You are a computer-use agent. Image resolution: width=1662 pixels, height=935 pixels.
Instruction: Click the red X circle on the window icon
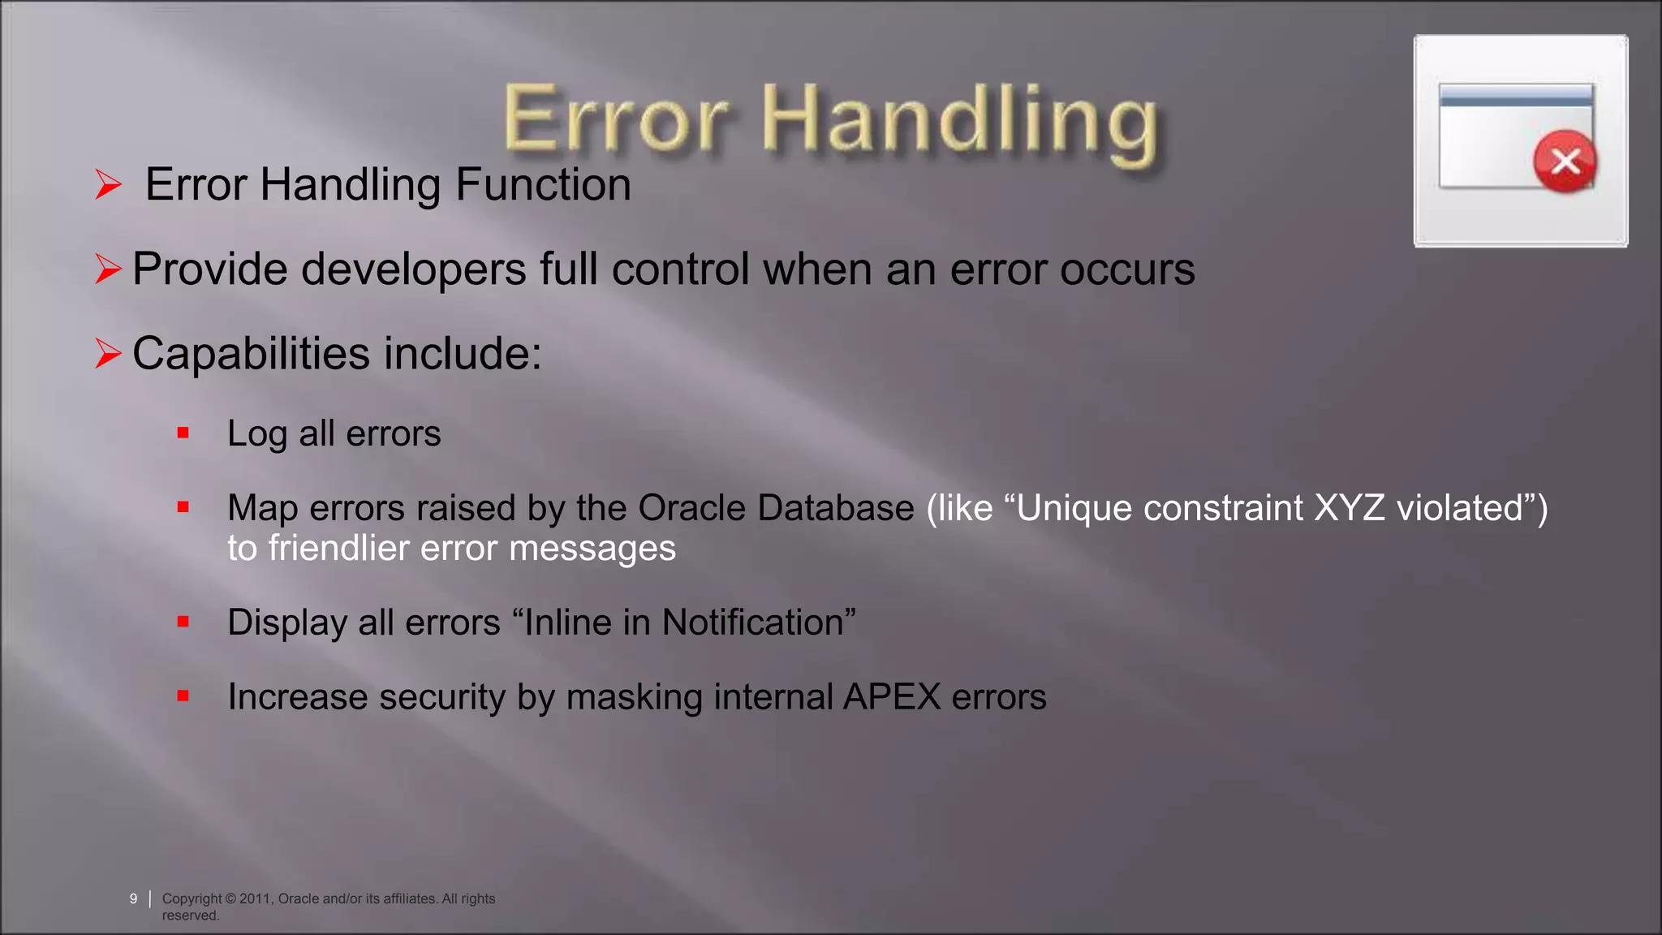pyautogui.click(x=1565, y=161)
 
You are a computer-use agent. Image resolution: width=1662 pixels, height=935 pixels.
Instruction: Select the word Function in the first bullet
pyautogui.click(x=543, y=184)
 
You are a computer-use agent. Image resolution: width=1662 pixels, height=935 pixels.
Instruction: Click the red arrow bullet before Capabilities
pyautogui.click(x=108, y=354)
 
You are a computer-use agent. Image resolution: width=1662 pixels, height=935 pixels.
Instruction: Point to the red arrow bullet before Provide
pyautogui.click(x=108, y=269)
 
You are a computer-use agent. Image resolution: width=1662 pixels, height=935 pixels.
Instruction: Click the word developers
pyautogui.click(x=414, y=269)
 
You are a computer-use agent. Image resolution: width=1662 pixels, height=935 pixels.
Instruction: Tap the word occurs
pyautogui.click(x=1127, y=269)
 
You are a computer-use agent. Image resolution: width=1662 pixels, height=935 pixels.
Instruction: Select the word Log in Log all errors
pyautogui.click(x=256, y=434)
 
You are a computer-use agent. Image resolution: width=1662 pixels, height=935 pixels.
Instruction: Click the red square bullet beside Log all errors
pyautogui.click(x=183, y=433)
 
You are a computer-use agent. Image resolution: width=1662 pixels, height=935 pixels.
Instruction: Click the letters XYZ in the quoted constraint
pyautogui.click(x=1349, y=508)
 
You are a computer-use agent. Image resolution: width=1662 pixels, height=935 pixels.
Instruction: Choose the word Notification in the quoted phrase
pyautogui.click(x=753, y=623)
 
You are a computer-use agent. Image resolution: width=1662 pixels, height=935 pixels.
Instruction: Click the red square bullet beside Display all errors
pyautogui.click(x=183, y=623)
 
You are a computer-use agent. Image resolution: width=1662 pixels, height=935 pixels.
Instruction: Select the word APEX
pyautogui.click(x=891, y=697)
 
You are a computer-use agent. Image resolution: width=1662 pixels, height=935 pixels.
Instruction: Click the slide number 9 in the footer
pyautogui.click(x=133, y=898)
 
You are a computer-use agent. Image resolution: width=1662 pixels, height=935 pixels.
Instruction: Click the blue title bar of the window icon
pyautogui.click(x=1515, y=96)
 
